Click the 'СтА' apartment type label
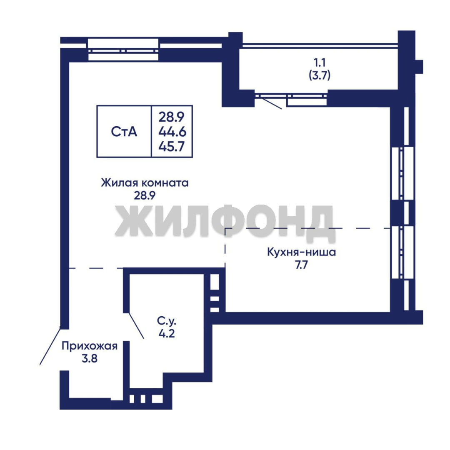(x=124, y=132)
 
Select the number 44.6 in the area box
(x=172, y=132)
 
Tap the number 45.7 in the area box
(x=172, y=147)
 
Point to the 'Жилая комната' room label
(x=145, y=182)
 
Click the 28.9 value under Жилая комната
(x=145, y=195)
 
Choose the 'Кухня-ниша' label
(x=301, y=252)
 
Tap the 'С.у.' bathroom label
(x=166, y=320)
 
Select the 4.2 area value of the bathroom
(x=167, y=333)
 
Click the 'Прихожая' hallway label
(x=90, y=346)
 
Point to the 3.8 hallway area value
(x=90, y=358)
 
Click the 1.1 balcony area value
(x=320, y=62)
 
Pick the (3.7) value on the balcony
(x=320, y=75)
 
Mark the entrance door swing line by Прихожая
(x=50, y=346)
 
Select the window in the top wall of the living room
(x=123, y=50)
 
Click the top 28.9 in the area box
(x=172, y=117)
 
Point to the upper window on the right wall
(x=403, y=173)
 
